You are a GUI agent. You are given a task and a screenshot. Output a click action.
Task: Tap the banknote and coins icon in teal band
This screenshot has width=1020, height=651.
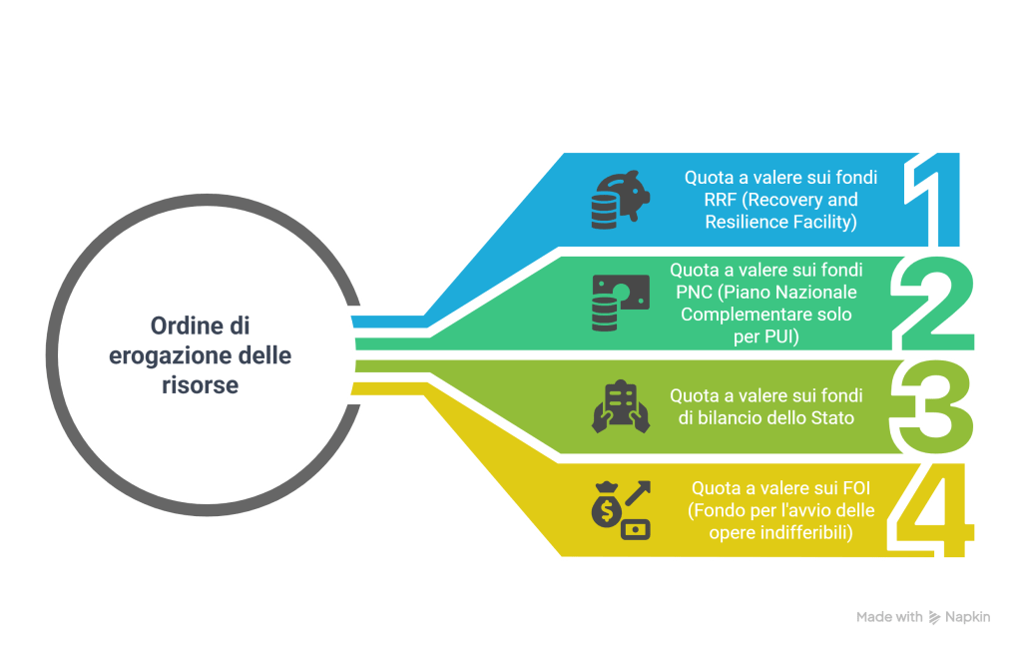[x=620, y=304]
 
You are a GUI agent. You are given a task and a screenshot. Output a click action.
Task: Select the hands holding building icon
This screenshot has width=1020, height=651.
[x=621, y=406]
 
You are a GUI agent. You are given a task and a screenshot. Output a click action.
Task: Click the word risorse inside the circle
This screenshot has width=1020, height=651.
[x=200, y=385]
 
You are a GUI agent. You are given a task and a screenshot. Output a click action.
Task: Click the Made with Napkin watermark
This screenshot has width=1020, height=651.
[x=923, y=617]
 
